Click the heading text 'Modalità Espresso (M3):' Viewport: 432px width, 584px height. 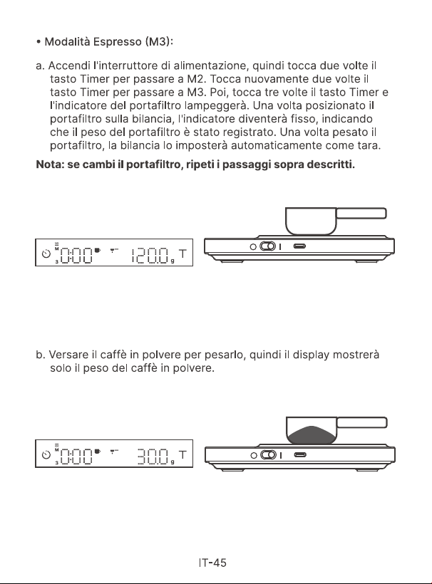click(x=108, y=41)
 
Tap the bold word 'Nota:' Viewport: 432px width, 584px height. click(x=50, y=165)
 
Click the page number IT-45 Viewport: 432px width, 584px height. click(x=212, y=563)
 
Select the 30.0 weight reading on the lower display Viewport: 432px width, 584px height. click(x=153, y=457)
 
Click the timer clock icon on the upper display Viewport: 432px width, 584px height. click(x=46, y=254)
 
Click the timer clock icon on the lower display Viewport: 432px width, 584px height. click(x=46, y=455)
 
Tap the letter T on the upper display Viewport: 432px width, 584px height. click(x=182, y=254)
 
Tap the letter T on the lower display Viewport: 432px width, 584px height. click(x=182, y=455)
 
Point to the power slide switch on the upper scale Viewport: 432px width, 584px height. click(x=267, y=246)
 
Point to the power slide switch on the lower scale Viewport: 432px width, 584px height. click(x=268, y=455)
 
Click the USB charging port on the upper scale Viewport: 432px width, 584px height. click(x=299, y=246)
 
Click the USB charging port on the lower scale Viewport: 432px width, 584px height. click(x=300, y=455)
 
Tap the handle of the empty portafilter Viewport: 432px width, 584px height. click(x=361, y=214)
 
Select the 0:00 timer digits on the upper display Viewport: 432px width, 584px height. click(x=76, y=256)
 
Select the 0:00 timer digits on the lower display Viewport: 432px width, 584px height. click(x=76, y=457)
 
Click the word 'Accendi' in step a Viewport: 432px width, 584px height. click(x=69, y=66)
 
